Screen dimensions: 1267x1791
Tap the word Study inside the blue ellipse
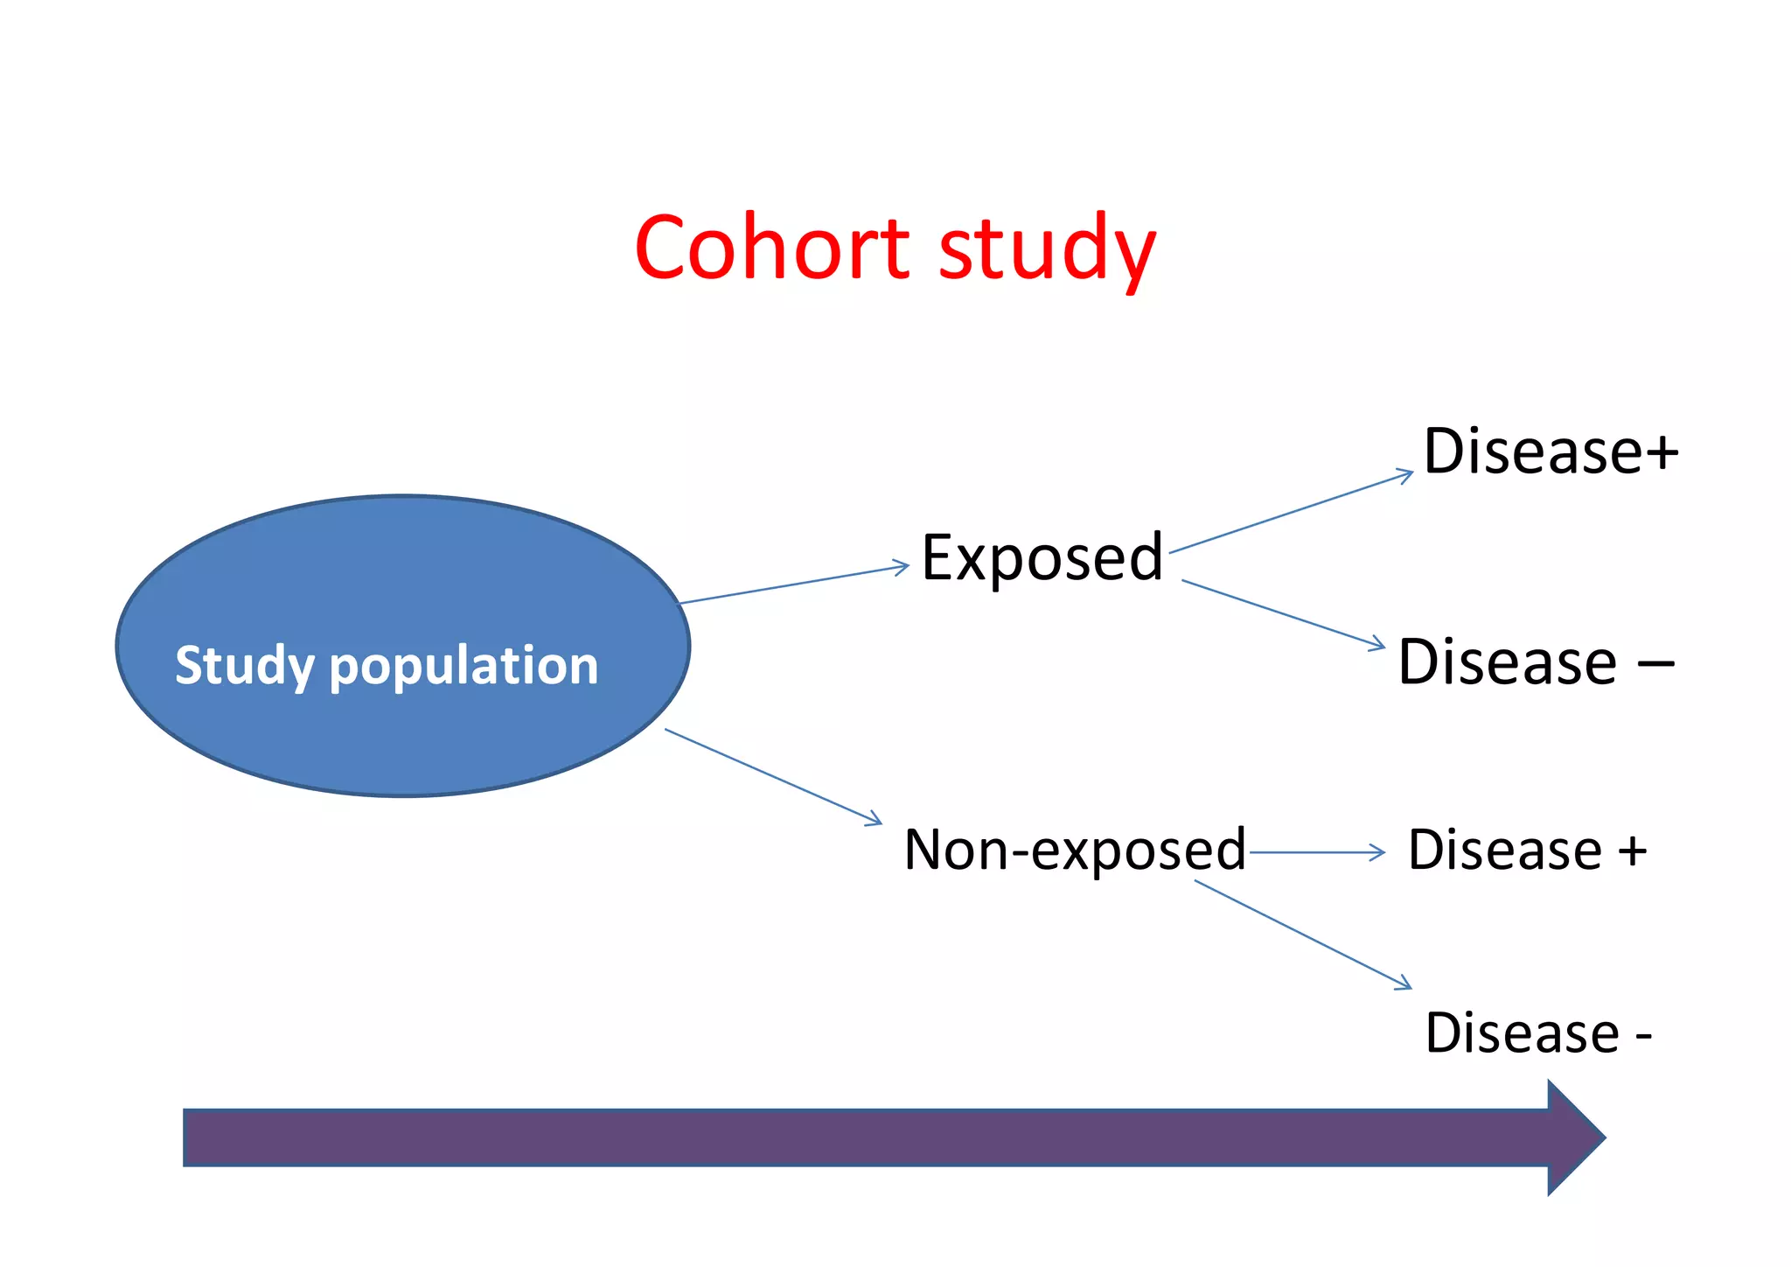pos(244,667)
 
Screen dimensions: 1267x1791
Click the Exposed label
pos(1042,557)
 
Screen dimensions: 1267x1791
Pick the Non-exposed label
pos(1075,850)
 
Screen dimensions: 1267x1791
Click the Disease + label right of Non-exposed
pos(1527,850)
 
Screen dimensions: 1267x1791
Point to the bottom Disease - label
pos(1537,1033)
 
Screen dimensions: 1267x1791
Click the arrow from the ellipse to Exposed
pos(794,584)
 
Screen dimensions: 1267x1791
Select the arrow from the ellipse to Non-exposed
pos(774,776)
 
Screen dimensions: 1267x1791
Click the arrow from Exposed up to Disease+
pos(1291,513)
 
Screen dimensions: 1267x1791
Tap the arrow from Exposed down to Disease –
pos(1284,613)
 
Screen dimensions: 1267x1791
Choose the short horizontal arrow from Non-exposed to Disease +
pos(1317,851)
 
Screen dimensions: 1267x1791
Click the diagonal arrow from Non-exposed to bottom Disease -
pos(1303,934)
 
